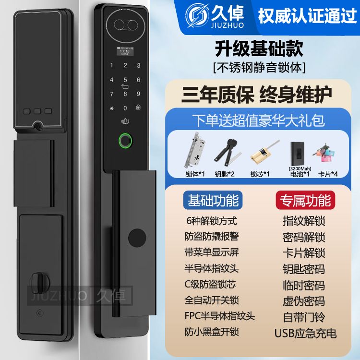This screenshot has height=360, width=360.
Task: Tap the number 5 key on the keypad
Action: [125, 80]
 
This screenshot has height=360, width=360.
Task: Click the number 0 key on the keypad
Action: [125, 108]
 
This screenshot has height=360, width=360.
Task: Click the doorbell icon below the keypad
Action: [125, 121]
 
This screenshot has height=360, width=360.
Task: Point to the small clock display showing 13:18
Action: [125, 51]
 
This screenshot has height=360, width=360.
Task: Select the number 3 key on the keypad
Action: [139, 65]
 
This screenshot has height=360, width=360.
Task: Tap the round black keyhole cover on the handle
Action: [137, 238]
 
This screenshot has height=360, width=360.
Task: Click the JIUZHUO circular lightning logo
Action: [197, 15]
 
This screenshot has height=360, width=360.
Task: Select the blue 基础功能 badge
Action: [213, 200]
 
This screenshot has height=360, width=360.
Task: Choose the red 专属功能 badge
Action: [305, 200]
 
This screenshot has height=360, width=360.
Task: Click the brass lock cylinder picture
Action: [264, 153]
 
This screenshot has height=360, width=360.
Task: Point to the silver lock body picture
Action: [195, 150]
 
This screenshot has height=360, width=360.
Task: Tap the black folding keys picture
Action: [228, 152]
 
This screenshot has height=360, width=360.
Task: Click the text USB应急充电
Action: [306, 333]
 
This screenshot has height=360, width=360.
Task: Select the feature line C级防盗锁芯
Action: [210, 284]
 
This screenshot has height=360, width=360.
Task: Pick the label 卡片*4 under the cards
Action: [328, 174]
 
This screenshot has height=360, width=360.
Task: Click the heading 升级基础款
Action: [259, 48]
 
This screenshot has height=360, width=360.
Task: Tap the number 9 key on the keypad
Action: [138, 94]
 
